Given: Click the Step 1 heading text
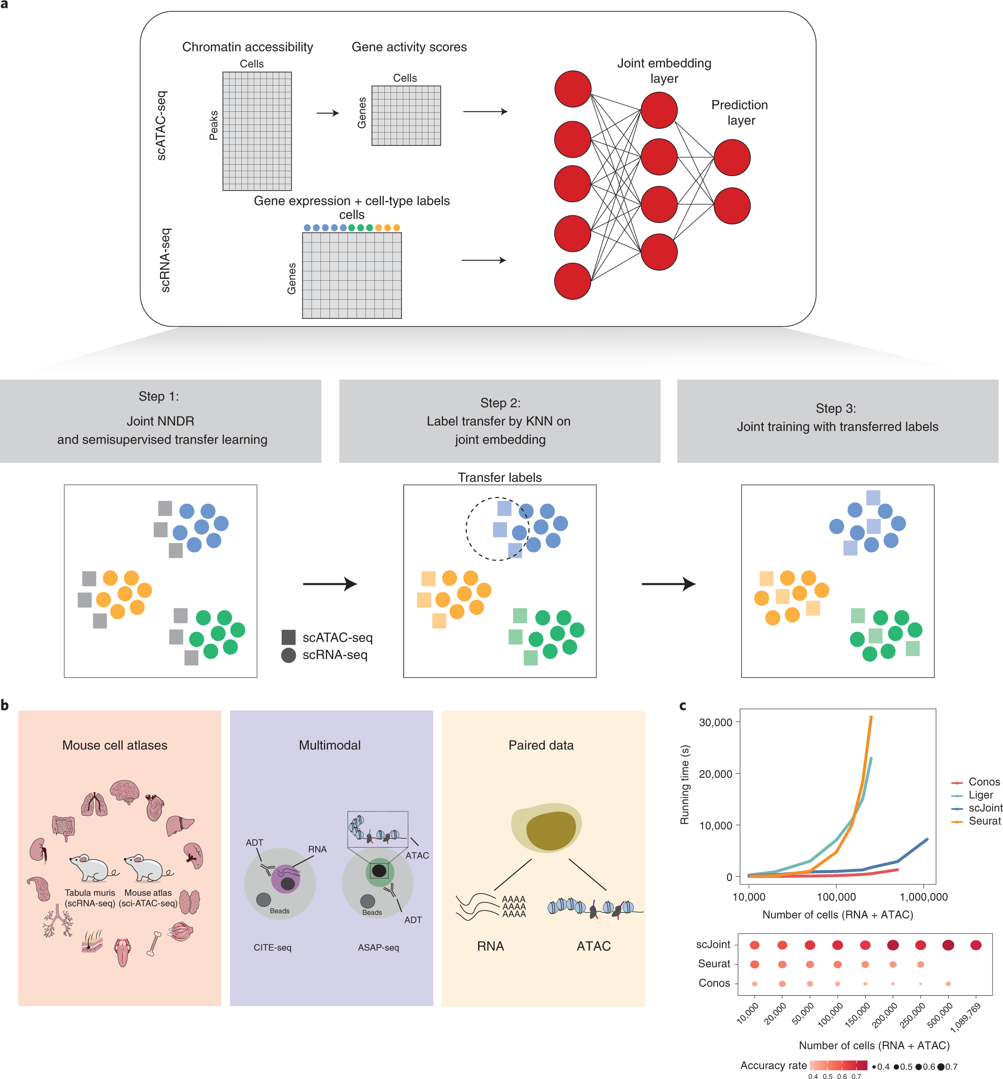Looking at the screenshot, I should pos(159,396).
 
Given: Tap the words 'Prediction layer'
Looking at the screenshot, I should pos(740,112).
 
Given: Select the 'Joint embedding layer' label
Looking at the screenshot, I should pos(664,71).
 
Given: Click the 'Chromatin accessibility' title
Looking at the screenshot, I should pos(248,47).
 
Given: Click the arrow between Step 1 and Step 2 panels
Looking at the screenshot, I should pos(329,584).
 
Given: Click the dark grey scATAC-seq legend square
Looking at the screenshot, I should pos(288,637).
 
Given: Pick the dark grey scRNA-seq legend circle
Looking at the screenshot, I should pos(288,655).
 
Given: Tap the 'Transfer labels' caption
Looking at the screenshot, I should pos(499,477).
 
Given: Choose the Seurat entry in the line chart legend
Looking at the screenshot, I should pos(984,820).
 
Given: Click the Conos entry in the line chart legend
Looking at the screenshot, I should pos(984,782).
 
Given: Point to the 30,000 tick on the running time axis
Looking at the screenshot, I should pos(715,722).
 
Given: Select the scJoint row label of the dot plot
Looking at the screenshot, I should pos(713,945).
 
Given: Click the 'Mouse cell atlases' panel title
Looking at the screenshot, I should pos(115,745).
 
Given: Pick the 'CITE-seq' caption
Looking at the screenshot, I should pos(273,948).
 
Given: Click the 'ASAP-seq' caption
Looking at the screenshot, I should pos(378,948).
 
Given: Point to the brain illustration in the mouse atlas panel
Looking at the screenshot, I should pos(125,791).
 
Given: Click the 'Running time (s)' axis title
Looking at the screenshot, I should pos(684,785).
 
